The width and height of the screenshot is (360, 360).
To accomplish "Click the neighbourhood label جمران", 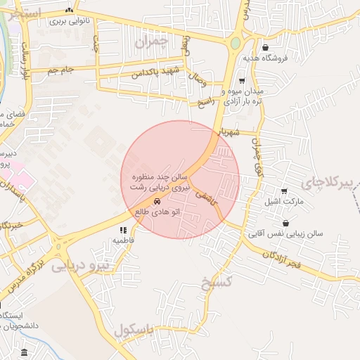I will point(152,41).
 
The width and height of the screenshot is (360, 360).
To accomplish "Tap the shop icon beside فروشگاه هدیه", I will point(265,48).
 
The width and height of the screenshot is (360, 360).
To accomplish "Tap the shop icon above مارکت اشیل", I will point(284,191).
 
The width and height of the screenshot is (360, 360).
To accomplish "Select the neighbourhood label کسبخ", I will point(215,283).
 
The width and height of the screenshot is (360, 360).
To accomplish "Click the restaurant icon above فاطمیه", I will point(123,230).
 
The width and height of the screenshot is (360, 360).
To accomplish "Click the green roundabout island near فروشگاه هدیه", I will point(235,44).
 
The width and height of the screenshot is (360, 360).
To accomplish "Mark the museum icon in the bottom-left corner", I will point(25,352).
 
